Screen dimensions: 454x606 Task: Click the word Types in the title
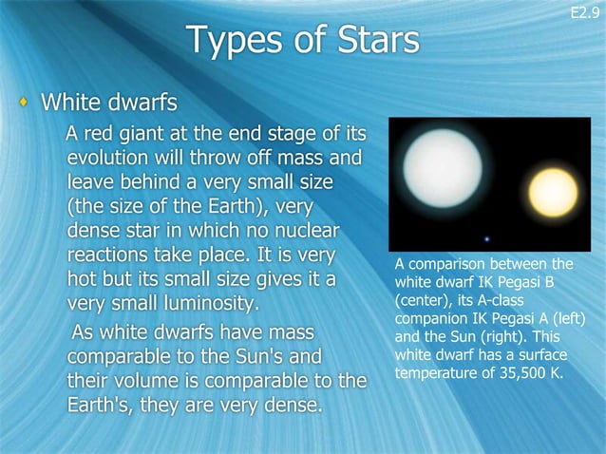coord(234,41)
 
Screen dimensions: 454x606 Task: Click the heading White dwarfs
coord(107,101)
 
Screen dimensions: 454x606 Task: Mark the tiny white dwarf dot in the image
coord(488,238)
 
